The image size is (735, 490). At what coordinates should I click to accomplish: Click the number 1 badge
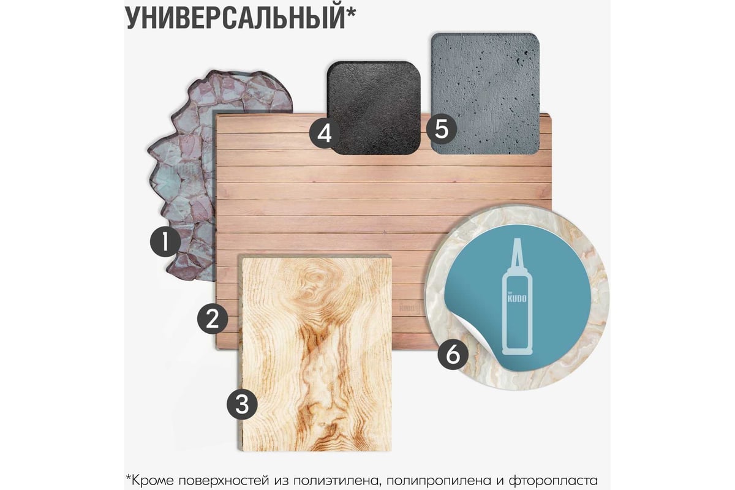click(x=165, y=243)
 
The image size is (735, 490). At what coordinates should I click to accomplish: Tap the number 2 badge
click(x=213, y=318)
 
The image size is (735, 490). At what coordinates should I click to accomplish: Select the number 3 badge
click(x=242, y=404)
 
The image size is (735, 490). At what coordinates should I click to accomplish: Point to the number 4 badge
click(x=325, y=134)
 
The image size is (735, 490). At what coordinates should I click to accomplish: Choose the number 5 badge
click(x=442, y=129)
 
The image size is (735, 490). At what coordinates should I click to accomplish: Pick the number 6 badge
click(x=453, y=355)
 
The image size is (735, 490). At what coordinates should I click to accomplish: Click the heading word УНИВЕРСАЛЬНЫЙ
click(x=235, y=18)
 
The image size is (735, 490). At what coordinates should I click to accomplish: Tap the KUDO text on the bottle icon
click(x=517, y=298)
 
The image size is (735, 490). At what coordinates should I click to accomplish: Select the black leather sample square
click(x=374, y=108)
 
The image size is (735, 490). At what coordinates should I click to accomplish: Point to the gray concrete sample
click(x=485, y=94)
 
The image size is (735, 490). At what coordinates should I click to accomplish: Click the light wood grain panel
click(x=315, y=353)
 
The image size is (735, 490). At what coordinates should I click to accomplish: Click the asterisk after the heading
click(x=350, y=12)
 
